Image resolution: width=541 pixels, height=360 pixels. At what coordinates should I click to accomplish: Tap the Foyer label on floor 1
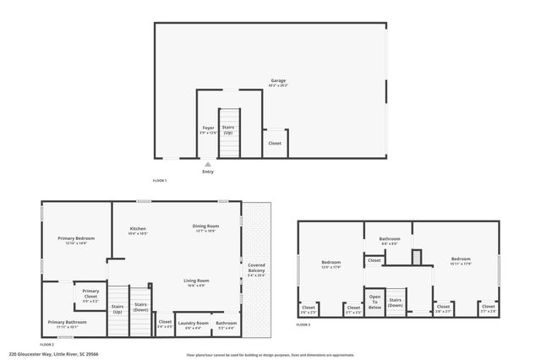tap(208, 130)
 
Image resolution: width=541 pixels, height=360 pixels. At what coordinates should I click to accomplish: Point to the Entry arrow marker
tap(208, 164)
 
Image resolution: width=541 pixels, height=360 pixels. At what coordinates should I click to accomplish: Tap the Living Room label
tap(197, 282)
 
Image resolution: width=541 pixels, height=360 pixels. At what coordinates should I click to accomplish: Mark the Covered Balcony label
tap(256, 270)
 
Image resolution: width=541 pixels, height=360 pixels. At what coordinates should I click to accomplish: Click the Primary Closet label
tap(90, 293)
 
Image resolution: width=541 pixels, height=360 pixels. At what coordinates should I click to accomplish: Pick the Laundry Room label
tap(193, 325)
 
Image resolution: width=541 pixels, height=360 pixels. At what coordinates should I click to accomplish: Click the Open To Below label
tap(375, 303)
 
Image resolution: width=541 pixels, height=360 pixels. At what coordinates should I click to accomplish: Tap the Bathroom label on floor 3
tap(389, 240)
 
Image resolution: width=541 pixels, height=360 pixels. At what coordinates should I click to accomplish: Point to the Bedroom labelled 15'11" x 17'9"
tap(461, 261)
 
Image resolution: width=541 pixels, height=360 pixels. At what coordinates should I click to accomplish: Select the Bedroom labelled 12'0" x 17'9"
tap(331, 264)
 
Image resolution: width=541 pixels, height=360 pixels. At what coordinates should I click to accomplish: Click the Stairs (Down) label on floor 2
tap(140, 308)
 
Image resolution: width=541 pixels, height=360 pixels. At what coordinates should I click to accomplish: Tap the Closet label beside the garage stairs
tap(275, 144)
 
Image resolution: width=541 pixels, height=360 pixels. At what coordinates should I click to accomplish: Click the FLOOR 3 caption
tap(303, 325)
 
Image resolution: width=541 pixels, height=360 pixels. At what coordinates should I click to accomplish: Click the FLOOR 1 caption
tap(160, 181)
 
